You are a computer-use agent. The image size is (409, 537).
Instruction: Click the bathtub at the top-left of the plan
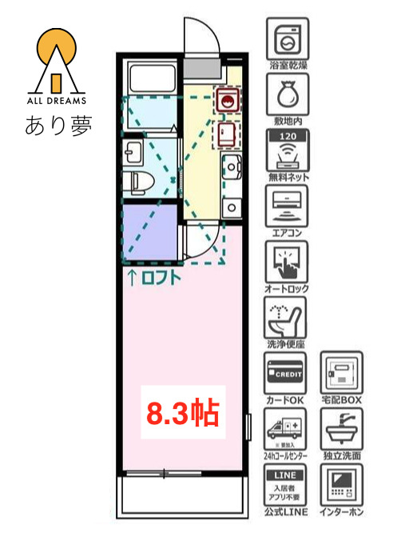pyautogui.click(x=152, y=79)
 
